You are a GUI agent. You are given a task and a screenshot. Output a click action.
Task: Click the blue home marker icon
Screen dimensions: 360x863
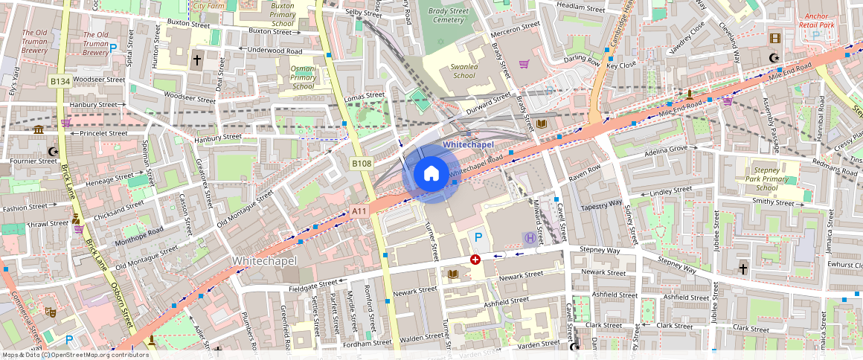click(x=431, y=174)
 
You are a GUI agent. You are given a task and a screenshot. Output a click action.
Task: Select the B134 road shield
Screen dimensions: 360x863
click(x=60, y=80)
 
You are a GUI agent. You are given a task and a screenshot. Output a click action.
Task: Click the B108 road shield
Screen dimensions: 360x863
click(x=362, y=163)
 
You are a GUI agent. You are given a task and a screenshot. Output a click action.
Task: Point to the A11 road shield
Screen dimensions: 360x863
click(x=359, y=212)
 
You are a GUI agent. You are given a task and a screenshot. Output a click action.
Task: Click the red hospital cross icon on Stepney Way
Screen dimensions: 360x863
click(x=475, y=260)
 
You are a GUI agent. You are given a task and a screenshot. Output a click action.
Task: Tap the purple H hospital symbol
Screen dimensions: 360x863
click(x=529, y=238)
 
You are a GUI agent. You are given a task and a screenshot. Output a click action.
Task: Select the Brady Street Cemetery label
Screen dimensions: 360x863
click(x=448, y=16)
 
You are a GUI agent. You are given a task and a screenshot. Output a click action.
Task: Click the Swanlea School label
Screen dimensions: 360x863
click(x=463, y=71)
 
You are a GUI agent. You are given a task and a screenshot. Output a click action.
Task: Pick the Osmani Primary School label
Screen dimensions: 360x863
click(x=303, y=77)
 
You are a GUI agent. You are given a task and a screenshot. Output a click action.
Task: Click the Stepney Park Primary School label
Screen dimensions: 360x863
click(x=766, y=179)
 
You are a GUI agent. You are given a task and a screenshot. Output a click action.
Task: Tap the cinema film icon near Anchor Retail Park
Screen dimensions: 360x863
click(x=776, y=38)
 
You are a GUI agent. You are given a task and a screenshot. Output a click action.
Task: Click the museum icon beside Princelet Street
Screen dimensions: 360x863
click(x=39, y=130)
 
